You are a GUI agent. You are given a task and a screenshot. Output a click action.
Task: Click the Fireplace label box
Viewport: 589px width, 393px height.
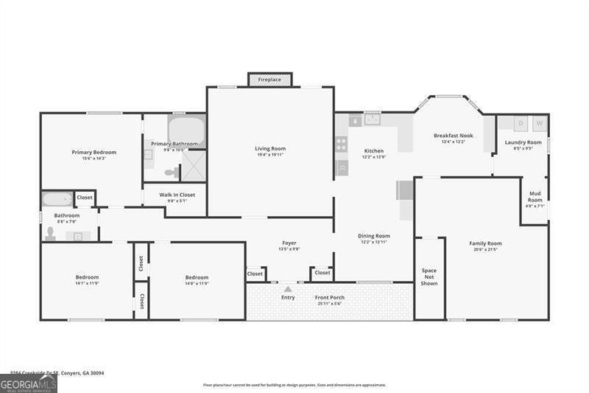269,79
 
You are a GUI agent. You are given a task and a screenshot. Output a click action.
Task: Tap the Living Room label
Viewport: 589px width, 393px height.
270,148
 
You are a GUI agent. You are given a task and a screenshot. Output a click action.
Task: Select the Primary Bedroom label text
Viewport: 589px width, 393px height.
94,152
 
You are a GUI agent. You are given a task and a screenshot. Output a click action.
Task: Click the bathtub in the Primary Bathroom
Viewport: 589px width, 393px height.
186,129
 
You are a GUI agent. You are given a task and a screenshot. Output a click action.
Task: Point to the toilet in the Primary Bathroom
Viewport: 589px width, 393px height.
171,173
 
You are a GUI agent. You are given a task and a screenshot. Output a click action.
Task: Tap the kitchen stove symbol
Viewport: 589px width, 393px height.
342,144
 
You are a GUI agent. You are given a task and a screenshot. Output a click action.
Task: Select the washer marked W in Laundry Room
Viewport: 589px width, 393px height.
539,123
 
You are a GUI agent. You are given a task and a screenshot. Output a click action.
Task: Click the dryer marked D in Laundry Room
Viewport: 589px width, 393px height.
521,123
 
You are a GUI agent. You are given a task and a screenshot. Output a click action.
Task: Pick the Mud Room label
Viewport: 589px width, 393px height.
535,197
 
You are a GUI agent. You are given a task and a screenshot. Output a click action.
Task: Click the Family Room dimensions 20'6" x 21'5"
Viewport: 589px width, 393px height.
485,249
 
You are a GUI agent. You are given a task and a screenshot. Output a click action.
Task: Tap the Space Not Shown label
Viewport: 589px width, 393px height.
429,277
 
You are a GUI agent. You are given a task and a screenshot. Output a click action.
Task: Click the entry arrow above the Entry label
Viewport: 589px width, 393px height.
288,289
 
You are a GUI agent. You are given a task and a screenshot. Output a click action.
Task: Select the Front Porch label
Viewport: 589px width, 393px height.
329,297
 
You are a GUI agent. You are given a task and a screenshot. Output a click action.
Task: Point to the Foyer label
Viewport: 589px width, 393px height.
289,243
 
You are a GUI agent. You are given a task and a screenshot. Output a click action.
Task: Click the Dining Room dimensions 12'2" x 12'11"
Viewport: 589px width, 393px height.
374,242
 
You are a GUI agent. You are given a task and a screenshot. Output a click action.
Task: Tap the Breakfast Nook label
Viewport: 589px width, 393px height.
453,136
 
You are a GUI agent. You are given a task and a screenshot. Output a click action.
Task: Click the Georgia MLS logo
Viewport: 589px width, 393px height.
29,383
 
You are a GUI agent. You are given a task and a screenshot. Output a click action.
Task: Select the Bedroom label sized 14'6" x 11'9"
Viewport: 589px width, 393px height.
197,277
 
